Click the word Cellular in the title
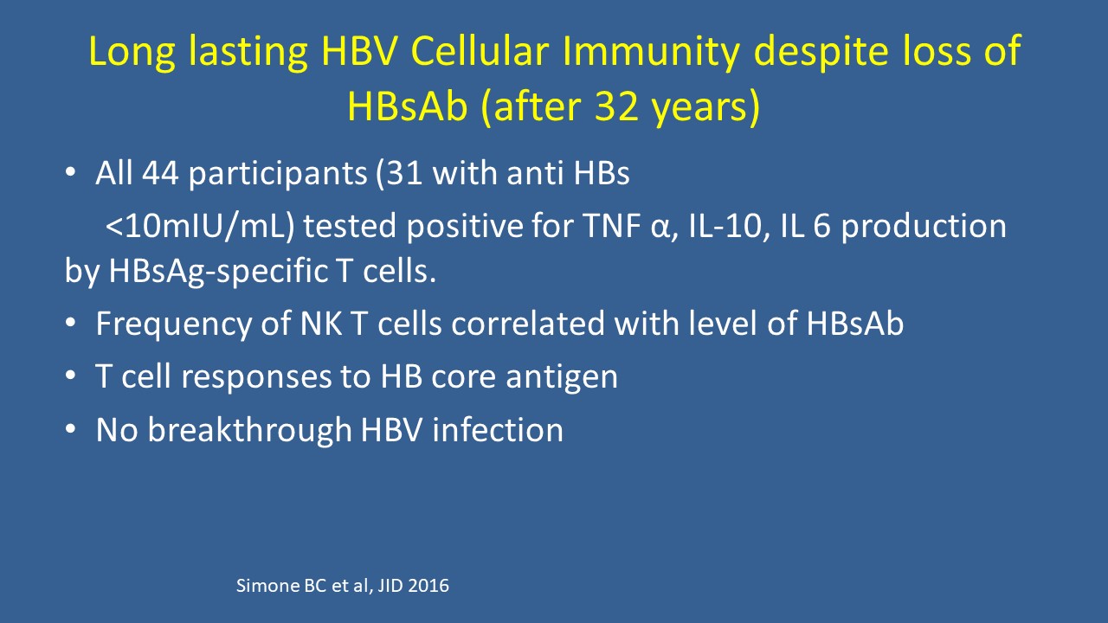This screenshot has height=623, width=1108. coord(480,51)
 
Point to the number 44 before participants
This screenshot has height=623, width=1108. coord(160,174)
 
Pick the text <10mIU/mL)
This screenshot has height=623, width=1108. coord(200,227)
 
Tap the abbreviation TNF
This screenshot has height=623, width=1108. coord(610,226)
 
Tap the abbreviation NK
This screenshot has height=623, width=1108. coord(321,324)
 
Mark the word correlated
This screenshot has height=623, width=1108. coord(528,324)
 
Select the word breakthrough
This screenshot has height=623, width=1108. coord(250,429)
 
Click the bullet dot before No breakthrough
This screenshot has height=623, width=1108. coord(71,429)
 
